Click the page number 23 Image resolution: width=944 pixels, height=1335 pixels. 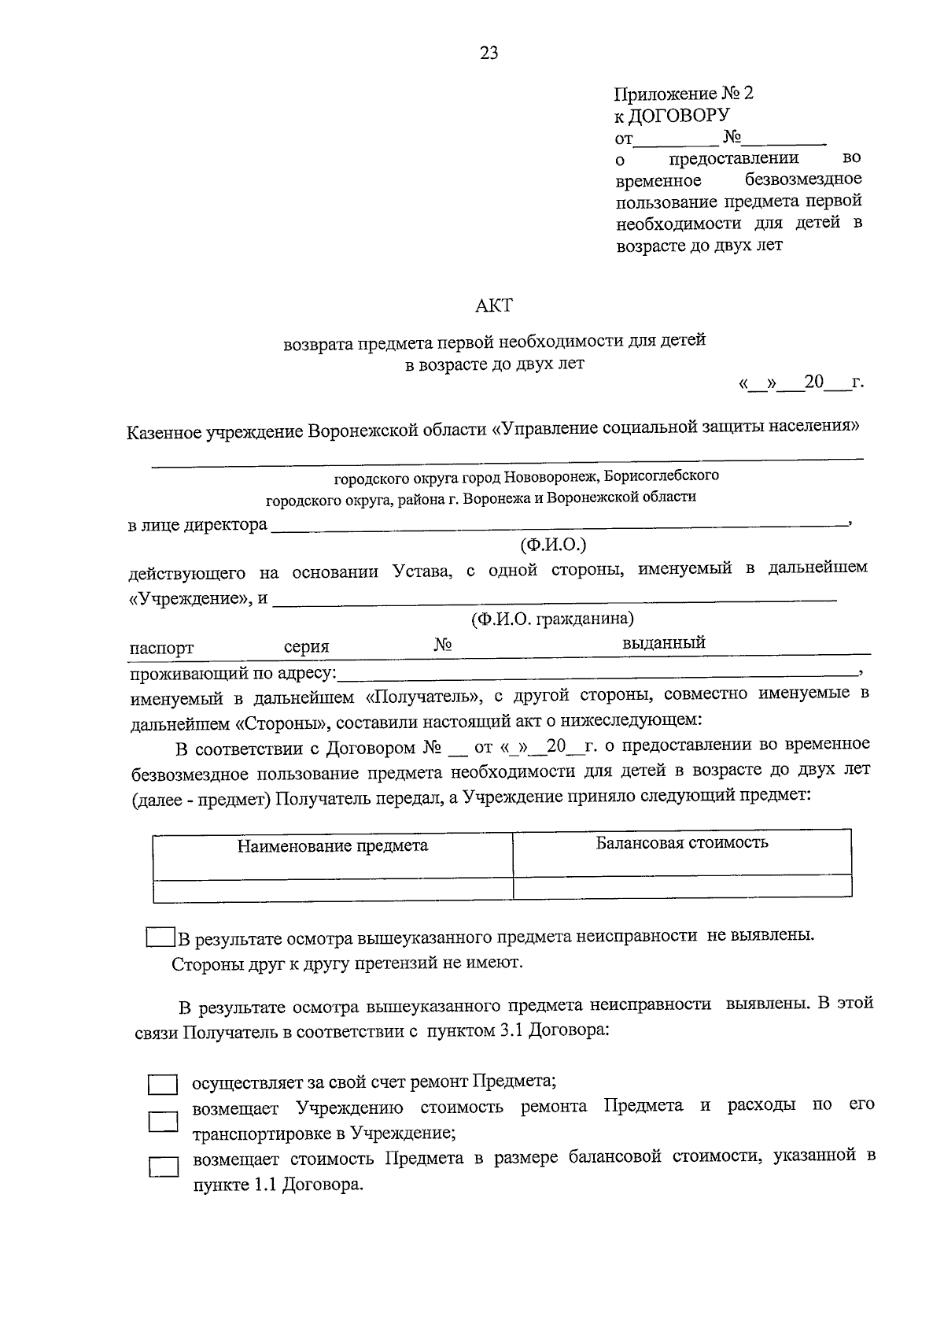pyautogui.click(x=489, y=54)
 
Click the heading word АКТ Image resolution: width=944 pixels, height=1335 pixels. pyautogui.click(x=494, y=305)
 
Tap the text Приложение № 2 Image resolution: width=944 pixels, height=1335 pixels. pyautogui.click(x=683, y=94)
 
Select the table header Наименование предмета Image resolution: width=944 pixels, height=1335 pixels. pyautogui.click(x=333, y=846)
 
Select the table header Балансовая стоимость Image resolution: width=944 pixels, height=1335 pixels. pyautogui.click(x=681, y=843)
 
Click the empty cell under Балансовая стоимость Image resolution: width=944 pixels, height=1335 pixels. pyautogui.click(x=681, y=887)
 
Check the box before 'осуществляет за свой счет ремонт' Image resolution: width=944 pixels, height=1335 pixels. pyautogui.click(x=163, y=1085)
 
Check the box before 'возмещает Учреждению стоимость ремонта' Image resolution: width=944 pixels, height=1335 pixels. pyautogui.click(x=163, y=1121)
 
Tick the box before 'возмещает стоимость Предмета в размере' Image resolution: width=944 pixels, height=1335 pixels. pyautogui.click(x=163, y=1166)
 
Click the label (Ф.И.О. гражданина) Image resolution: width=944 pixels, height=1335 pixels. pyautogui.click(x=552, y=619)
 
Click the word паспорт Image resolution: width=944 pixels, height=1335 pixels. pyautogui.click(x=161, y=649)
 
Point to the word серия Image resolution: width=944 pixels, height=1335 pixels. pyautogui.click(x=306, y=647)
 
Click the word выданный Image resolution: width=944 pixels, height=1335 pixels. pyautogui.click(x=663, y=643)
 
